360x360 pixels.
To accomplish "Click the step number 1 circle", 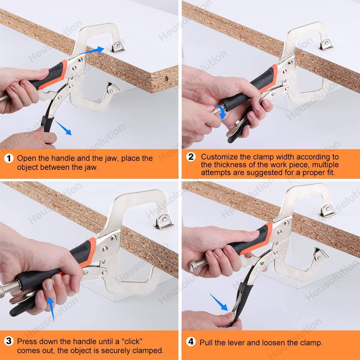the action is tap(9, 158).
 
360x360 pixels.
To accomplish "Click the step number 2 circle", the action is tap(191, 157).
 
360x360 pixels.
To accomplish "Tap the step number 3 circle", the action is tap(9, 341).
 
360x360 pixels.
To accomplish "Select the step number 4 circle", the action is tap(191, 342).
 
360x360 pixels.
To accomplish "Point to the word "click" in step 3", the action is tap(132, 341).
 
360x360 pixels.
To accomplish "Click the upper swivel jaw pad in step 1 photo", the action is tap(117, 47).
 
